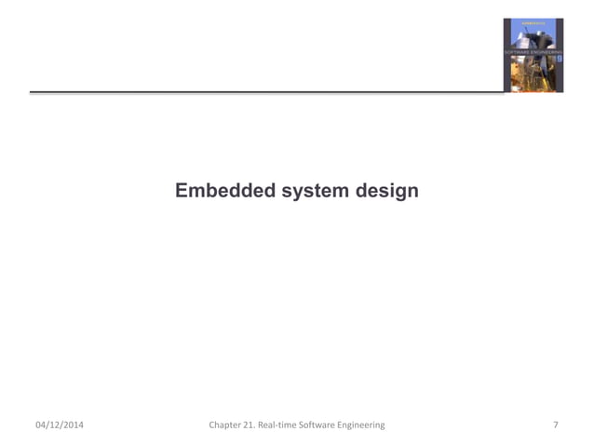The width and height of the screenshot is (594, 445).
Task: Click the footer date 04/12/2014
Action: [59, 425]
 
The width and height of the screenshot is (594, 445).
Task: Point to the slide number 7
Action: [556, 425]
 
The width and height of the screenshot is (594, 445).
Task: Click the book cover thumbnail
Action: [533, 55]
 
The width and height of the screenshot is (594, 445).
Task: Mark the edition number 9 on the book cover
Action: [558, 59]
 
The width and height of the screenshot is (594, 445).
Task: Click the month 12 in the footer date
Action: [54, 425]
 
